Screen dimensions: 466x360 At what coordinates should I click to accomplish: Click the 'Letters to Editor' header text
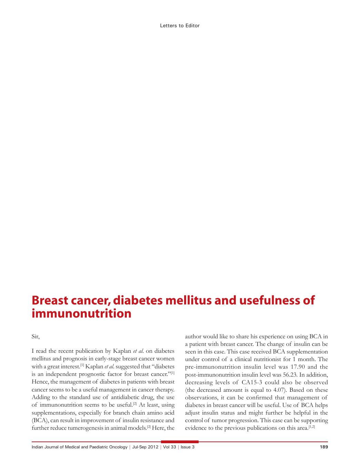180,26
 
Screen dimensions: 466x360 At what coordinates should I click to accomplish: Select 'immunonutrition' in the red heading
81,314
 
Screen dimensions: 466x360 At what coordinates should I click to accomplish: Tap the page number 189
324,447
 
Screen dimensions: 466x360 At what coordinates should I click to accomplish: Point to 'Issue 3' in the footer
188,447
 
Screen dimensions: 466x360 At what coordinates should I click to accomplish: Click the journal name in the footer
79,447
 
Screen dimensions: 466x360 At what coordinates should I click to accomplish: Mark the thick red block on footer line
180,441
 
